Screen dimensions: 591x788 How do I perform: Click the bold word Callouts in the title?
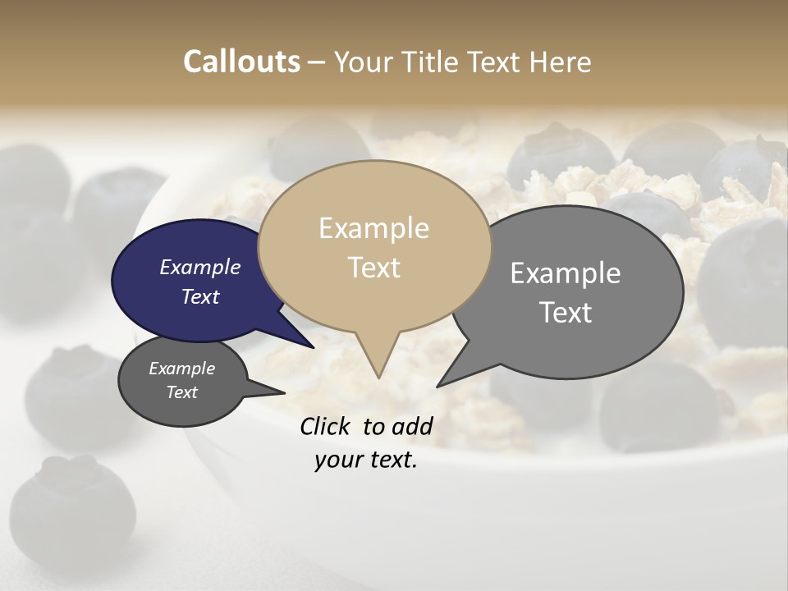(241, 62)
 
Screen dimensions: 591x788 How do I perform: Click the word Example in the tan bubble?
(373, 228)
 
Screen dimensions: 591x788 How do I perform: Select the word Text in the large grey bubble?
(566, 313)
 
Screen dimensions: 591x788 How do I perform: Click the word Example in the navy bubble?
(200, 268)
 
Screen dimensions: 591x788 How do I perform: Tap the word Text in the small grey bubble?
(182, 392)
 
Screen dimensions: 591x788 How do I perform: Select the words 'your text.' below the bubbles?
(366, 460)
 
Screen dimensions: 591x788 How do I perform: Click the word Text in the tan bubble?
(374, 268)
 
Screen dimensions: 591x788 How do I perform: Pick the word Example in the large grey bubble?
(566, 273)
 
